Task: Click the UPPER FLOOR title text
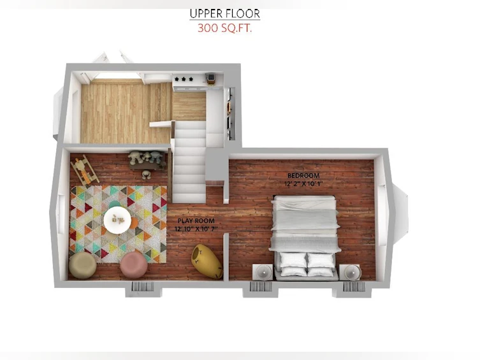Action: [x=224, y=14]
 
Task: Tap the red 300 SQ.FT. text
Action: [x=224, y=28]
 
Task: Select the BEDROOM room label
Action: [x=303, y=176]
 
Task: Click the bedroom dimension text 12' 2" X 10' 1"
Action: [x=303, y=184]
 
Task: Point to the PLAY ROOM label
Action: [x=196, y=220]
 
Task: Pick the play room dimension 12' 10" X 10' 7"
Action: [x=196, y=229]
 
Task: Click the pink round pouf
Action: [x=134, y=264]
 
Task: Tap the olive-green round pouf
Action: [x=83, y=265]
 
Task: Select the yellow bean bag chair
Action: [x=207, y=261]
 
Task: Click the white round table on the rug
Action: [x=117, y=220]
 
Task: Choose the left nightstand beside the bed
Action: [x=263, y=272]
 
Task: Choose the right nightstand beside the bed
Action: [x=350, y=272]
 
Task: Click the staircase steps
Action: [x=189, y=165]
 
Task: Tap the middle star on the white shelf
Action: [x=184, y=79]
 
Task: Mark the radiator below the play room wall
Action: [x=143, y=287]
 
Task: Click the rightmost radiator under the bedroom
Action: [x=354, y=287]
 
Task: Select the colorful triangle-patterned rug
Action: [x=118, y=224]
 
